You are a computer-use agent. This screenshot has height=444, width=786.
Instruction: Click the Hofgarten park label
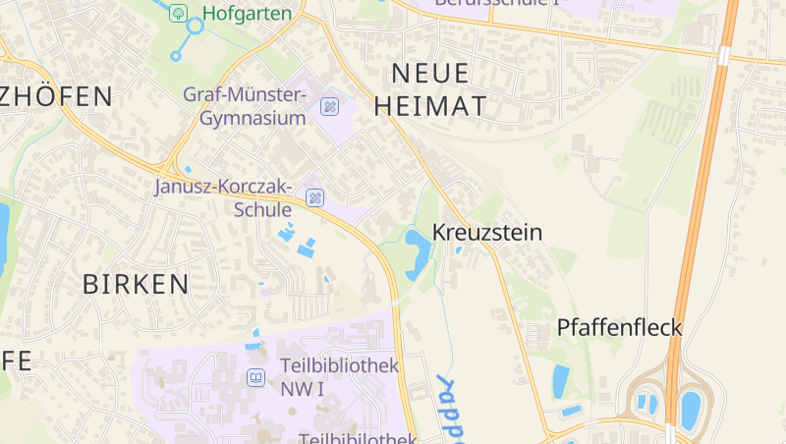click(x=247, y=13)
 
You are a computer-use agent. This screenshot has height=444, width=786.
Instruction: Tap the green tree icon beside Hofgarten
click(x=178, y=13)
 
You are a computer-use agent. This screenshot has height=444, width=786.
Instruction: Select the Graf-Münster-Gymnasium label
click(x=246, y=106)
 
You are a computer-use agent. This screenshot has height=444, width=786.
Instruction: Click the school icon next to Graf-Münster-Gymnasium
click(x=330, y=106)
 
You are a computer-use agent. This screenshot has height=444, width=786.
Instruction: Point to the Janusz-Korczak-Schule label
click(x=224, y=197)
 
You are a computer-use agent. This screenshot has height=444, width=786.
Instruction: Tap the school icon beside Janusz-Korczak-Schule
click(x=314, y=197)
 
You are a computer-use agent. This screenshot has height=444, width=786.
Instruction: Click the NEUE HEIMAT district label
click(x=438, y=88)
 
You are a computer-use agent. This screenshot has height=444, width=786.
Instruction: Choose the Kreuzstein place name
click(x=486, y=233)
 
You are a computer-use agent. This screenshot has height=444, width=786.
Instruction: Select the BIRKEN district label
click(x=136, y=285)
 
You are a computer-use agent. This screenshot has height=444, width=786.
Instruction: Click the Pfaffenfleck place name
click(x=619, y=327)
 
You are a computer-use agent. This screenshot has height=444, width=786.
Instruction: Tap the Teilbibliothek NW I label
click(x=339, y=375)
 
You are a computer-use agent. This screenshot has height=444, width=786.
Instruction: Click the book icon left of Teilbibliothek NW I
click(x=255, y=376)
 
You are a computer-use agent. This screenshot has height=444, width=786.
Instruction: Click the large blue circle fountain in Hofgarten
click(x=196, y=26)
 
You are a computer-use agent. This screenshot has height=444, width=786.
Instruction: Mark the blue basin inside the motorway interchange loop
click(x=691, y=408)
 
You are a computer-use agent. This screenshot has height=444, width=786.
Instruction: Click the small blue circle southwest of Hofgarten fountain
click(x=176, y=56)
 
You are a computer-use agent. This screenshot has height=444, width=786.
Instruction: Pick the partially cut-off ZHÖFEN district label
click(x=56, y=96)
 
